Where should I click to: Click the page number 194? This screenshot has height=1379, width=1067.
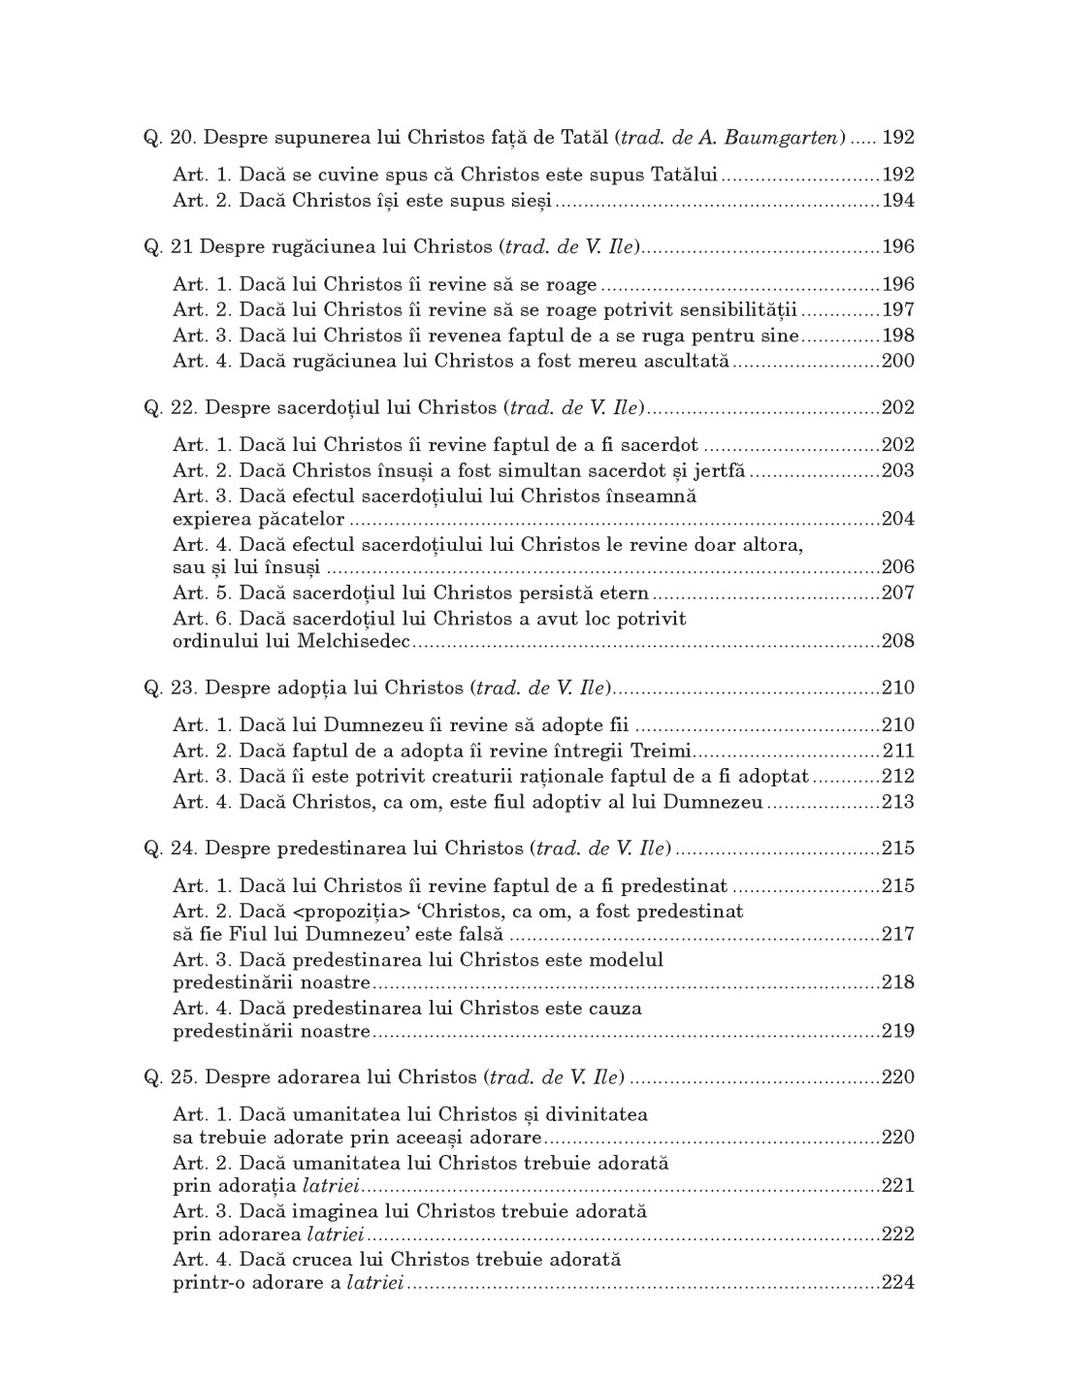[x=898, y=201]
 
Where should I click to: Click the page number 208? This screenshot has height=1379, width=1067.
[x=898, y=641]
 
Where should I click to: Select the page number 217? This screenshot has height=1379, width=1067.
[x=898, y=935]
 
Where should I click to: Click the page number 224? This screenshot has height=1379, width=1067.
[x=898, y=1283]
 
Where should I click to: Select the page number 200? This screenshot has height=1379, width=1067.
[x=898, y=362]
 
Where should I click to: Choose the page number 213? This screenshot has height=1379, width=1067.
[x=898, y=802]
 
